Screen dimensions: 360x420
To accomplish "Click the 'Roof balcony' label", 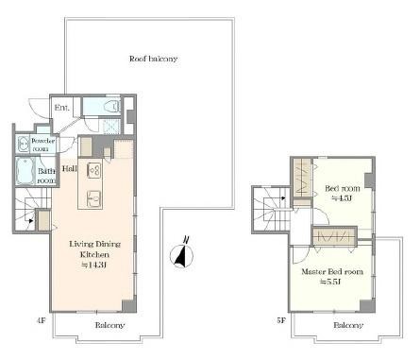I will (153, 59).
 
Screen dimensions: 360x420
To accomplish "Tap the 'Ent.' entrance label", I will (62, 109).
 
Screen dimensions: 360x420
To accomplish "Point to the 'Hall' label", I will (70, 169).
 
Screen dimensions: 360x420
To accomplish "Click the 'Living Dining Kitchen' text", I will (92, 249).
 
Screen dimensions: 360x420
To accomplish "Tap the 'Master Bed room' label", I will (331, 272).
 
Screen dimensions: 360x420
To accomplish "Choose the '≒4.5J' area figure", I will (341, 198).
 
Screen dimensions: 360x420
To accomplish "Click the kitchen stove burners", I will (94, 171).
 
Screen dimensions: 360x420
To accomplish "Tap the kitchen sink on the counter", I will (94, 199).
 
